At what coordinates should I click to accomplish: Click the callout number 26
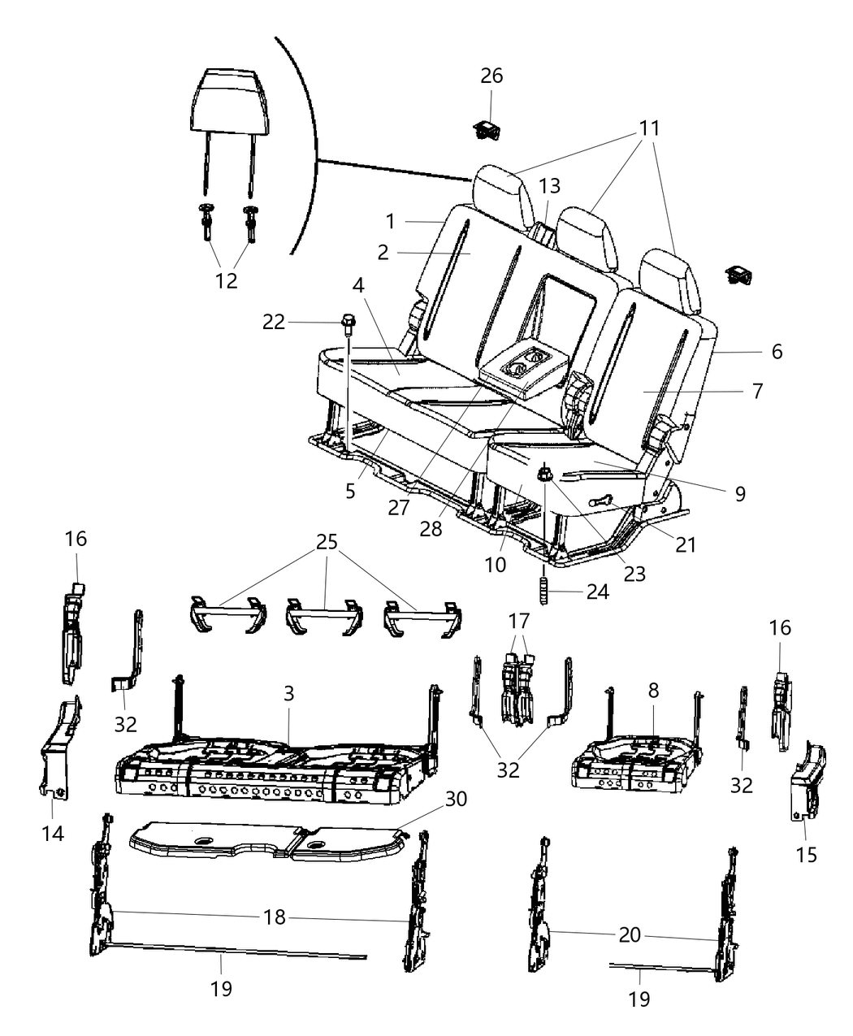point(491,76)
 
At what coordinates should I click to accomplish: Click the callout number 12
point(227,280)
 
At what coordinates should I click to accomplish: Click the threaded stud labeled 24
point(544,590)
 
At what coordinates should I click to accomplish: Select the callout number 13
point(549,187)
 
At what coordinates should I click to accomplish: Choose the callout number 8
point(653,690)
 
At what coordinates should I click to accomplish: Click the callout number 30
point(456,799)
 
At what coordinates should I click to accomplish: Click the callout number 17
point(518,621)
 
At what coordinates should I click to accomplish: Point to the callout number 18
point(275,917)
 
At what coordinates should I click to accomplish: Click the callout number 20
point(630,934)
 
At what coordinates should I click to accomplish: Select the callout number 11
point(648,128)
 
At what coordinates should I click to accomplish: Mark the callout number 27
point(398,508)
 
